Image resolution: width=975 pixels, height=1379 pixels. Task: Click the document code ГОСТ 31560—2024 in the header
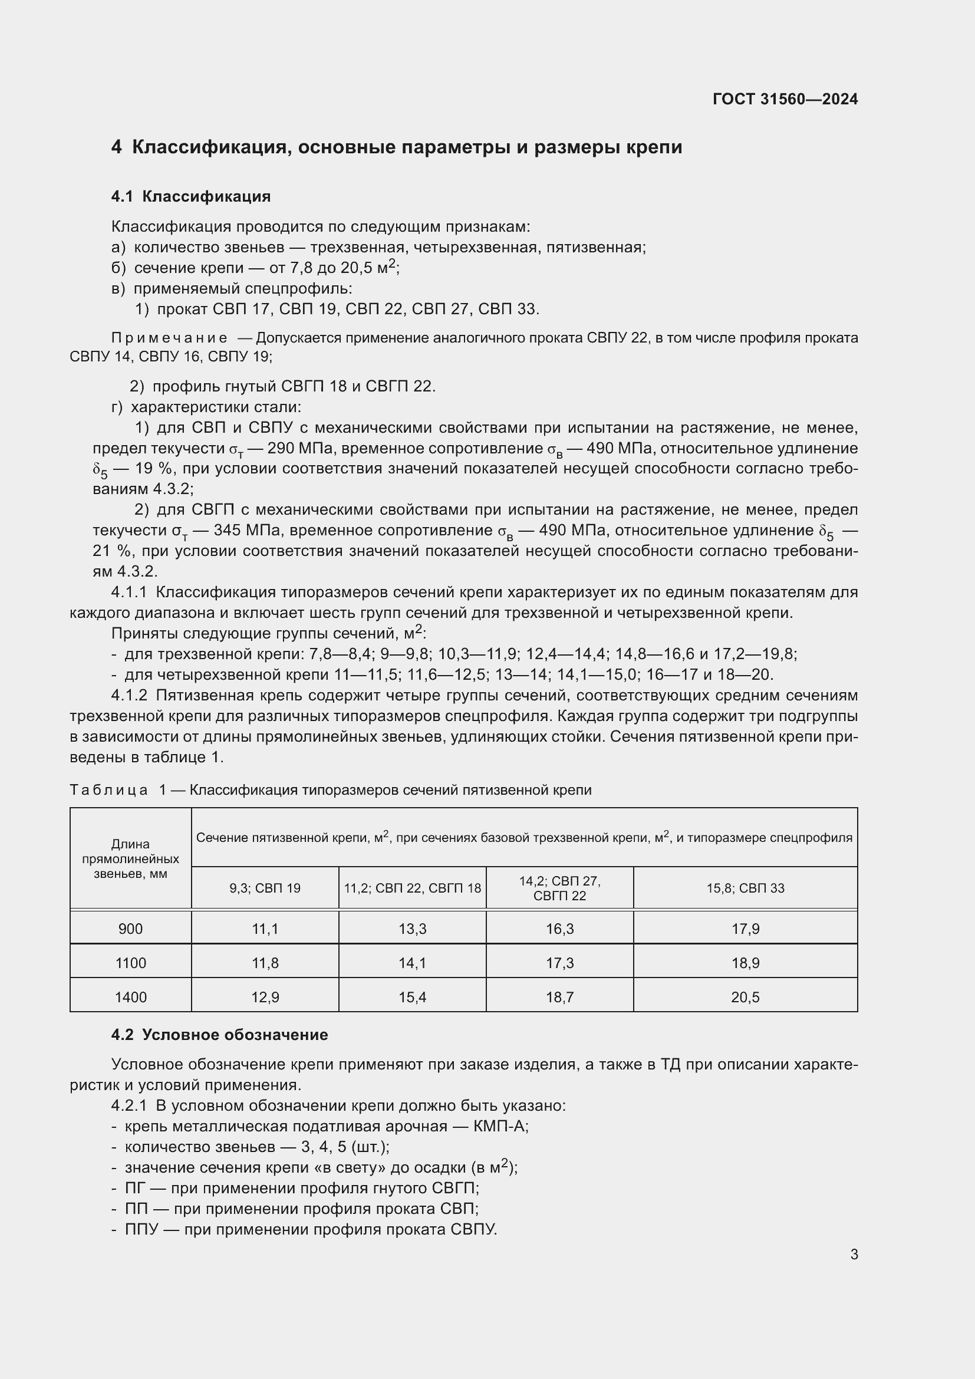tap(785, 99)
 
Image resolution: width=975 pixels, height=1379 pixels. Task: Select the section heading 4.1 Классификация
tap(190, 196)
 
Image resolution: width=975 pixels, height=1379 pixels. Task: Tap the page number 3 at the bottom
tap(854, 1254)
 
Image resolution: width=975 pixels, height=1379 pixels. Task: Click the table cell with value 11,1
tap(265, 929)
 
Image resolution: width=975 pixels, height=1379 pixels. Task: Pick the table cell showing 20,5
tap(745, 998)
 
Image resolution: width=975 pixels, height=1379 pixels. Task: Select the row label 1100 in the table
tap(130, 963)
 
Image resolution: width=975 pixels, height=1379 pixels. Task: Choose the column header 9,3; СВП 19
tap(265, 888)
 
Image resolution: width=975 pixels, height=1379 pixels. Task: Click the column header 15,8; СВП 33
tap(745, 888)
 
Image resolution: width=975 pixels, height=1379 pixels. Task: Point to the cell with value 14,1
tap(413, 963)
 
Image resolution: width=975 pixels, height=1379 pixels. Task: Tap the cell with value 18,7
tap(559, 998)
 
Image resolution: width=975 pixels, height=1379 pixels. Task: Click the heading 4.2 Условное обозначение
tap(219, 1035)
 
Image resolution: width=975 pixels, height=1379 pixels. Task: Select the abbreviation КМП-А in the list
tap(500, 1126)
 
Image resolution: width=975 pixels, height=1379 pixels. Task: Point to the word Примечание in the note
tap(169, 338)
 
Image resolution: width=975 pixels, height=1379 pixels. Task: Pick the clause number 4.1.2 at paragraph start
tap(129, 696)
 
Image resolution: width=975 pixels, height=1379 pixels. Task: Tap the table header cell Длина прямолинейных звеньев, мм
tap(130, 859)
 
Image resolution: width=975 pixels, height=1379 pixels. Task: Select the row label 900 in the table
tap(130, 929)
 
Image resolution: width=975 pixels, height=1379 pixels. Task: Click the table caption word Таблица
tap(108, 790)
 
